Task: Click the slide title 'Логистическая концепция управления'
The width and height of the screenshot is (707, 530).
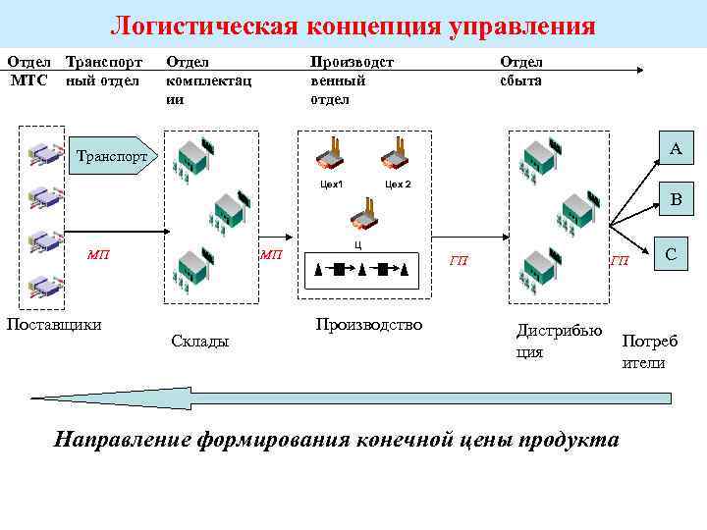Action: (x=353, y=25)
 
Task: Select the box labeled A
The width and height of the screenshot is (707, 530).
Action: (x=676, y=149)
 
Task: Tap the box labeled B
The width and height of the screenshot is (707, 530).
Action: (x=676, y=200)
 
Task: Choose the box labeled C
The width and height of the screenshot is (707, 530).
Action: (x=671, y=253)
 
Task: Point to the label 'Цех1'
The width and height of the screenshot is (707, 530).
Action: (x=331, y=184)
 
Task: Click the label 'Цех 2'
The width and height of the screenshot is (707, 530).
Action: (x=398, y=184)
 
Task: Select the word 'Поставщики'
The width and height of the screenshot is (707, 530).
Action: (x=54, y=324)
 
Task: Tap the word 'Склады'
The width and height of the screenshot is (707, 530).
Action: (x=199, y=341)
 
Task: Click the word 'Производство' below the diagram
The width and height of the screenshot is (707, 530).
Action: (x=368, y=324)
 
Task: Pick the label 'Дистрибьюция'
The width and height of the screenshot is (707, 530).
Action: (x=559, y=341)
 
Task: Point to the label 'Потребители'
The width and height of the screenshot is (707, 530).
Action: (x=649, y=351)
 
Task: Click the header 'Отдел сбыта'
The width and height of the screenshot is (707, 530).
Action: (x=520, y=72)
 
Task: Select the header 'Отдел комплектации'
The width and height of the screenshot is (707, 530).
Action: (x=208, y=80)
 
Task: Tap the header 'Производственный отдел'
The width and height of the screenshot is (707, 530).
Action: (x=352, y=80)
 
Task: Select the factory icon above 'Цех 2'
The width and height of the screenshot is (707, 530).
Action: (x=396, y=157)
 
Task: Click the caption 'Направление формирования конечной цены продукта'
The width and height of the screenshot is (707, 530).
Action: (x=337, y=439)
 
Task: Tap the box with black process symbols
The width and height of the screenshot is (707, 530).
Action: (x=360, y=268)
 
